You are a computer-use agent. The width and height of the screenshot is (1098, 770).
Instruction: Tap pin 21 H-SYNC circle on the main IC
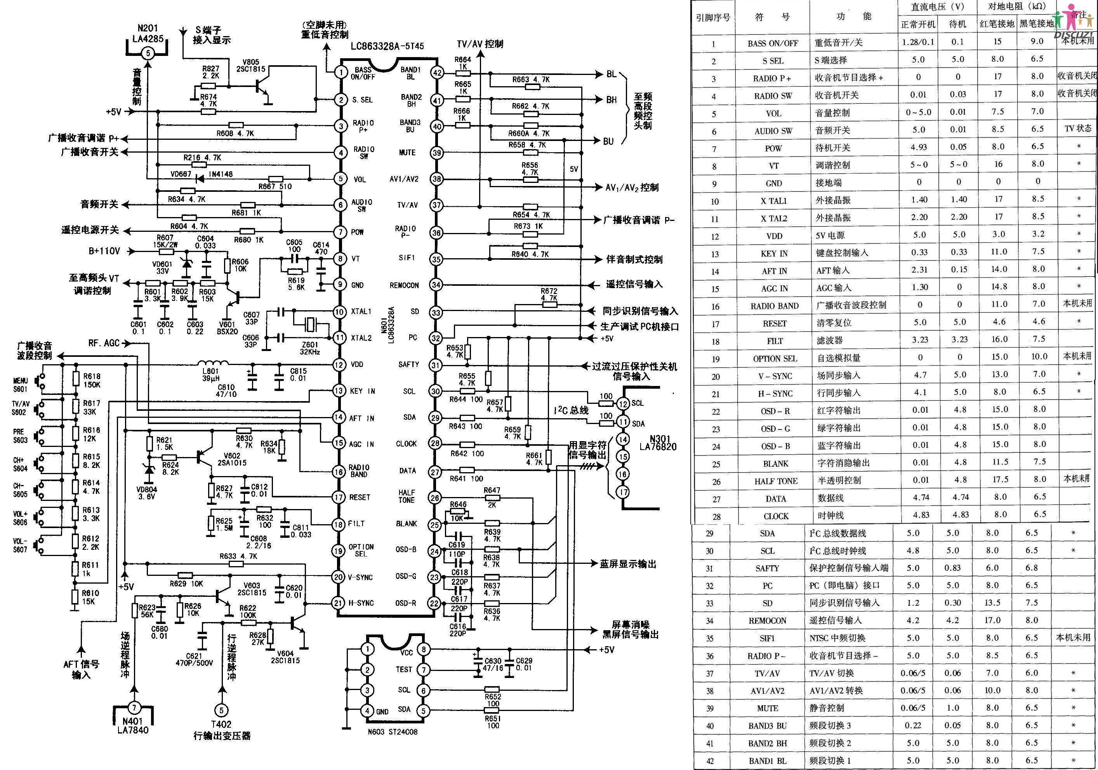(339, 603)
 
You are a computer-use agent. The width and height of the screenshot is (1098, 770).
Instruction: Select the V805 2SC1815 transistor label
(250, 66)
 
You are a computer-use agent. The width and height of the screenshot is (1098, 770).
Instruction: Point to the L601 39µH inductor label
(210, 374)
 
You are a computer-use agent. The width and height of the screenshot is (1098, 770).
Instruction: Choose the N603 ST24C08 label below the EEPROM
(393, 731)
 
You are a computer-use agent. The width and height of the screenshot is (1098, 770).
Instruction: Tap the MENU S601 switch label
(21, 384)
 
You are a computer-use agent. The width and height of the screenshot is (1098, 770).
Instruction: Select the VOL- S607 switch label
(21, 545)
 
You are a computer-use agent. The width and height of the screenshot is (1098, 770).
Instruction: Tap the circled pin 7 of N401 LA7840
(134, 708)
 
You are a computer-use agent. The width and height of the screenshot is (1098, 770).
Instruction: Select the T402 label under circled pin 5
(221, 724)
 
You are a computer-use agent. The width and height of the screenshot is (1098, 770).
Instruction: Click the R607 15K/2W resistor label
(165, 241)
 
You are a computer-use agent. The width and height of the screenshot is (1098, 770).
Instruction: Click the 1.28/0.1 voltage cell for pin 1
(918, 42)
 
